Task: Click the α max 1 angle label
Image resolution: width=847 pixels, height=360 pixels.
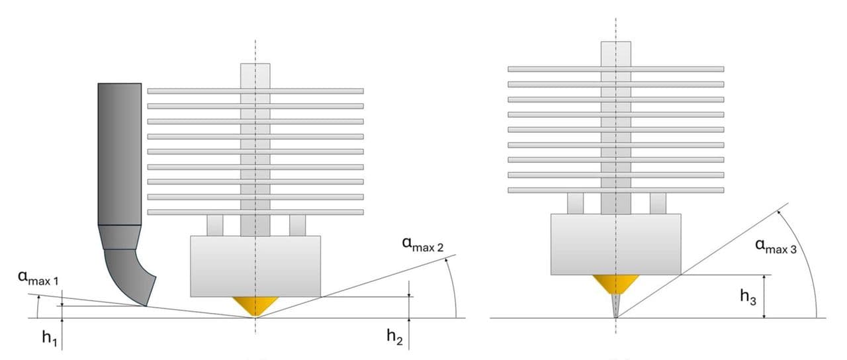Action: (38, 277)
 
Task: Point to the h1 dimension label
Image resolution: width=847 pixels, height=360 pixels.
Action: (50, 337)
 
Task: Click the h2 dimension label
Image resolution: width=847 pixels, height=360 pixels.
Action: (395, 336)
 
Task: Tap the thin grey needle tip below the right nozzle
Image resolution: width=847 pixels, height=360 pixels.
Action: (615, 306)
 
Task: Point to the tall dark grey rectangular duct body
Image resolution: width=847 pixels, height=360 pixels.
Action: (120, 154)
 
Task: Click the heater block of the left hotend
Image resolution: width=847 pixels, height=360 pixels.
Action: (255, 267)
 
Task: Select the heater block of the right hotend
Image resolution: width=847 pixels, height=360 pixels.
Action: (615, 244)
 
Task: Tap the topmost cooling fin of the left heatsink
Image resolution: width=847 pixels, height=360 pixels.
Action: (255, 91)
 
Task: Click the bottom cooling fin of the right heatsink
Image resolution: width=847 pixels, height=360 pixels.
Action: (615, 190)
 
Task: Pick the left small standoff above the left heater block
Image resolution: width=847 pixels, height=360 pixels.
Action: (215, 226)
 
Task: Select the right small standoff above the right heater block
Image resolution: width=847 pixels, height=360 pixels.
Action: (658, 203)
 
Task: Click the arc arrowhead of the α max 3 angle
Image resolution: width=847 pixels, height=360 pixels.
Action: (779, 212)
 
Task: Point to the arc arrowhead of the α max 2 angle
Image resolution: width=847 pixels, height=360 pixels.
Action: (447, 261)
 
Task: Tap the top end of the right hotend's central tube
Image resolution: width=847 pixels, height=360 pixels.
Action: (615, 42)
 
